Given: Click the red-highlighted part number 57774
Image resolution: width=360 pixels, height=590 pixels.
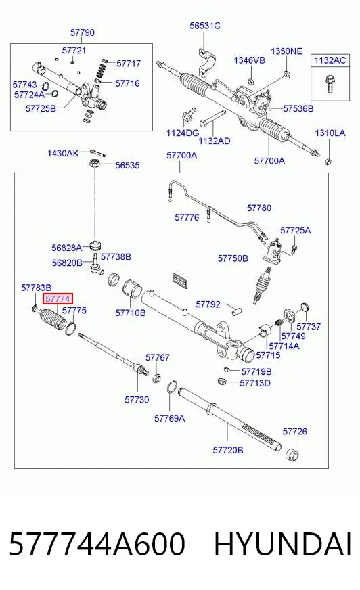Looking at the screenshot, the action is [58, 299].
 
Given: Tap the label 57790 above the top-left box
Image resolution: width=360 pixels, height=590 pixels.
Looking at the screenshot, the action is [83, 32].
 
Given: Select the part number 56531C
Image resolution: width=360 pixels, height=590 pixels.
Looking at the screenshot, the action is [204, 26].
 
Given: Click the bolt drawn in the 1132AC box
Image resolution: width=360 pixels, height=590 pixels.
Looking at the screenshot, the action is [330, 84].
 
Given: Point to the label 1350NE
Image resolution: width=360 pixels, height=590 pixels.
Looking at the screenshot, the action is [287, 51].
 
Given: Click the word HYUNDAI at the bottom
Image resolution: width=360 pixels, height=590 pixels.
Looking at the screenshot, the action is [283, 544].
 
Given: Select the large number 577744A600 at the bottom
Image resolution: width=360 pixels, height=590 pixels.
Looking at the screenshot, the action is [97, 544].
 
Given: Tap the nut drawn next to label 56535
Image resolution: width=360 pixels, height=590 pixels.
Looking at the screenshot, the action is [95, 164].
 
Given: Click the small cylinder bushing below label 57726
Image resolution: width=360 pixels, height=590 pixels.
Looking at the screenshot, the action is [292, 455].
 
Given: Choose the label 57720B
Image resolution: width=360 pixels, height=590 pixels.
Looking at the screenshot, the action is [228, 450].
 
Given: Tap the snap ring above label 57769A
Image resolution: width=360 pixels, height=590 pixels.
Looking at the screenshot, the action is [171, 387].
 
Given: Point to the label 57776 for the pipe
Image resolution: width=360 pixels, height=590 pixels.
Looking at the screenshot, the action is [187, 217].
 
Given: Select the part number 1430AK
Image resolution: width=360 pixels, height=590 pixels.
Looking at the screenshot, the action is [63, 153].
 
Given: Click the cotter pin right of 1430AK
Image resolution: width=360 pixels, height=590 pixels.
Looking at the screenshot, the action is [97, 152].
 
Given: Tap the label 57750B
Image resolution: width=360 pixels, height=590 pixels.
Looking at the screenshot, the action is [233, 258].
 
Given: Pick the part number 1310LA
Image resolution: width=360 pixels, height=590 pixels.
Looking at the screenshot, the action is [330, 133].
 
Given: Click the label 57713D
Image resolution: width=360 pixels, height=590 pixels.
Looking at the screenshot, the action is [255, 383].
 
